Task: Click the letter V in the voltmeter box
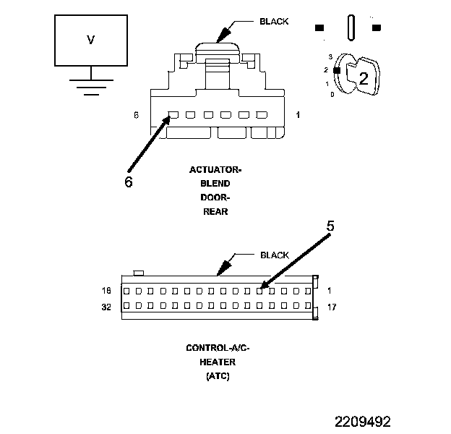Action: point(90,41)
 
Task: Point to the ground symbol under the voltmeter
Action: point(90,87)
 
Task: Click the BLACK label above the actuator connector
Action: point(274,21)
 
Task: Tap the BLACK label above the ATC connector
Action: point(274,255)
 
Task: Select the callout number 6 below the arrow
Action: point(128,182)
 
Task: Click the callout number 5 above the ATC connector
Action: point(330,226)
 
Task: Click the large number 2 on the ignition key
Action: point(364,80)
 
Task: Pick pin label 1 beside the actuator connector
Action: point(298,115)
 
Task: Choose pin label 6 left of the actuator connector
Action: point(136,115)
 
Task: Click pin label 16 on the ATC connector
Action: point(107,291)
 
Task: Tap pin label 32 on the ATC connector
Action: point(107,306)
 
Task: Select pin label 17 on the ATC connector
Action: point(332,307)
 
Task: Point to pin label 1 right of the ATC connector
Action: point(329,291)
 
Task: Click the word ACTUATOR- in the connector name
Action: point(215,170)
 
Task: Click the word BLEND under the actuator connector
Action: point(215,184)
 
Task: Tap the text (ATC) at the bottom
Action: point(217,376)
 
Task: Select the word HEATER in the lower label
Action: point(217,362)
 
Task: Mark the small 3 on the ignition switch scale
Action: point(330,56)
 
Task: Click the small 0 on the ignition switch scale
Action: point(332,95)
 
